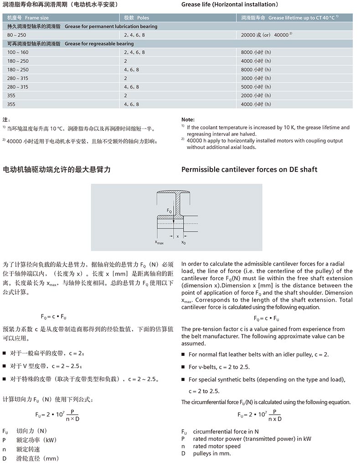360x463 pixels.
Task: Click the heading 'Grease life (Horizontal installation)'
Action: (x=229, y=5)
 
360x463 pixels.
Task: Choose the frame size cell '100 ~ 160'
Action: (x=18, y=52)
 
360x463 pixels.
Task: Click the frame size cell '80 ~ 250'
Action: (x=17, y=35)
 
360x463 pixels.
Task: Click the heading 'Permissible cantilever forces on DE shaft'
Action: (x=249, y=170)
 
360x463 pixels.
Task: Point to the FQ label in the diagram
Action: (x=169, y=211)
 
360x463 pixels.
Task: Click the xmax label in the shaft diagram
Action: (x=159, y=243)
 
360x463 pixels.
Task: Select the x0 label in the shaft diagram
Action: (x=184, y=243)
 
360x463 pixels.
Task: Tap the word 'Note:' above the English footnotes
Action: (x=188, y=119)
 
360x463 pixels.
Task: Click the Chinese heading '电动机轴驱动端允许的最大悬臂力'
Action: (x=57, y=170)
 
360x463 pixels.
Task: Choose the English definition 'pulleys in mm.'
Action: (x=212, y=453)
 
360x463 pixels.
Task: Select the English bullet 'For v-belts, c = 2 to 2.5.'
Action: (x=219, y=367)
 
